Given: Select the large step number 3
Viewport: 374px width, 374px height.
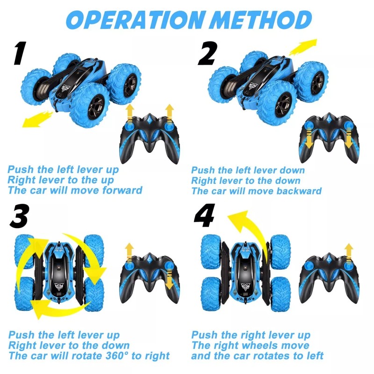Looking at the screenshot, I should (x=18, y=216).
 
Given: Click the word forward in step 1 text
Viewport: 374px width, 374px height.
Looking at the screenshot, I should (x=120, y=190).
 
